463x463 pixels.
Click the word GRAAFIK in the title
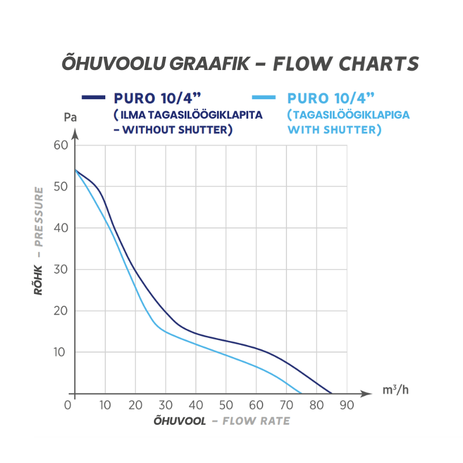[x=210, y=64]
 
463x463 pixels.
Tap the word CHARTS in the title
[x=379, y=64]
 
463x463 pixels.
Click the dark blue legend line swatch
[x=93, y=97]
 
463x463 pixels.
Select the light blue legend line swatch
[x=264, y=97]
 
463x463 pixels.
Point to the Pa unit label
[x=70, y=117]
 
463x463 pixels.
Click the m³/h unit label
[x=395, y=390]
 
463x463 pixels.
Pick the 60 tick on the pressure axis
[x=61, y=145]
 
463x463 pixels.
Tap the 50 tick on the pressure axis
[x=61, y=186]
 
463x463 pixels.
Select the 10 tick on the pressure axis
[x=60, y=352]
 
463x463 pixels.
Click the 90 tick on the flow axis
[x=347, y=405]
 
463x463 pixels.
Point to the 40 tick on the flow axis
[x=196, y=405]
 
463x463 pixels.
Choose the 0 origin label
[x=68, y=405]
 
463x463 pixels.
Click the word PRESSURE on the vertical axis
[x=39, y=216]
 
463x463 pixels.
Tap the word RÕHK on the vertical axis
[x=38, y=280]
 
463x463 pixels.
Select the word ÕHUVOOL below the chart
[x=179, y=421]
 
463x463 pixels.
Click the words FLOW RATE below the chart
[x=256, y=421]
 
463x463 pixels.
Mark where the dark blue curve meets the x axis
[x=332, y=394]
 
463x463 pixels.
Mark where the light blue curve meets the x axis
[x=301, y=394]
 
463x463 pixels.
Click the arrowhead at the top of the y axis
[x=75, y=134]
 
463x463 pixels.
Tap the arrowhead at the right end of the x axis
[x=366, y=394]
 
